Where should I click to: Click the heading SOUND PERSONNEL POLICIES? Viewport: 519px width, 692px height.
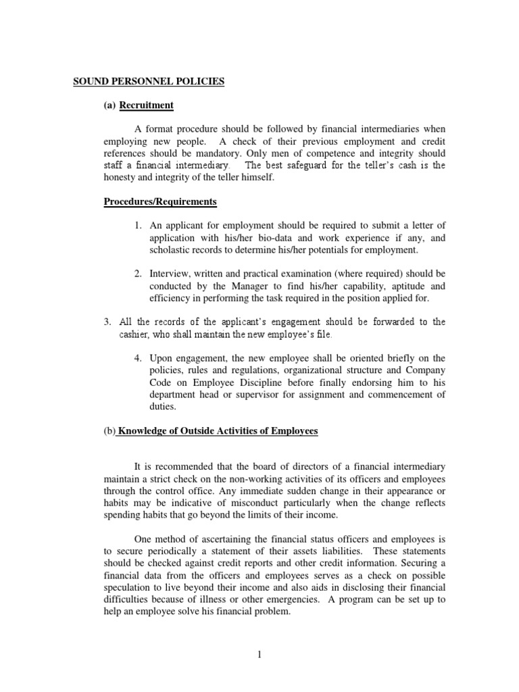pos(149,82)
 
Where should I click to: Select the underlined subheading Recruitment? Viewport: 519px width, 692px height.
pos(146,105)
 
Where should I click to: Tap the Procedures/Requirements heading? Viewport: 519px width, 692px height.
pos(160,201)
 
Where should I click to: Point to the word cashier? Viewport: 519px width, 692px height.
pos(129,334)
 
